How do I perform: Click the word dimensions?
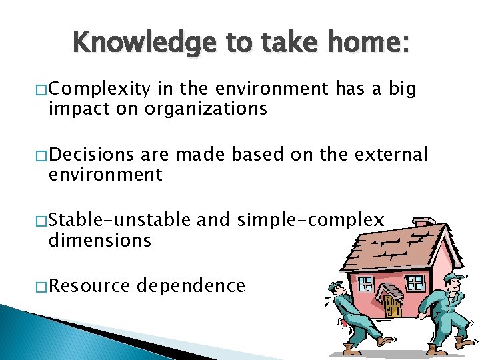click(x=100, y=240)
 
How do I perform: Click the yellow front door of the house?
click(x=393, y=306)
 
